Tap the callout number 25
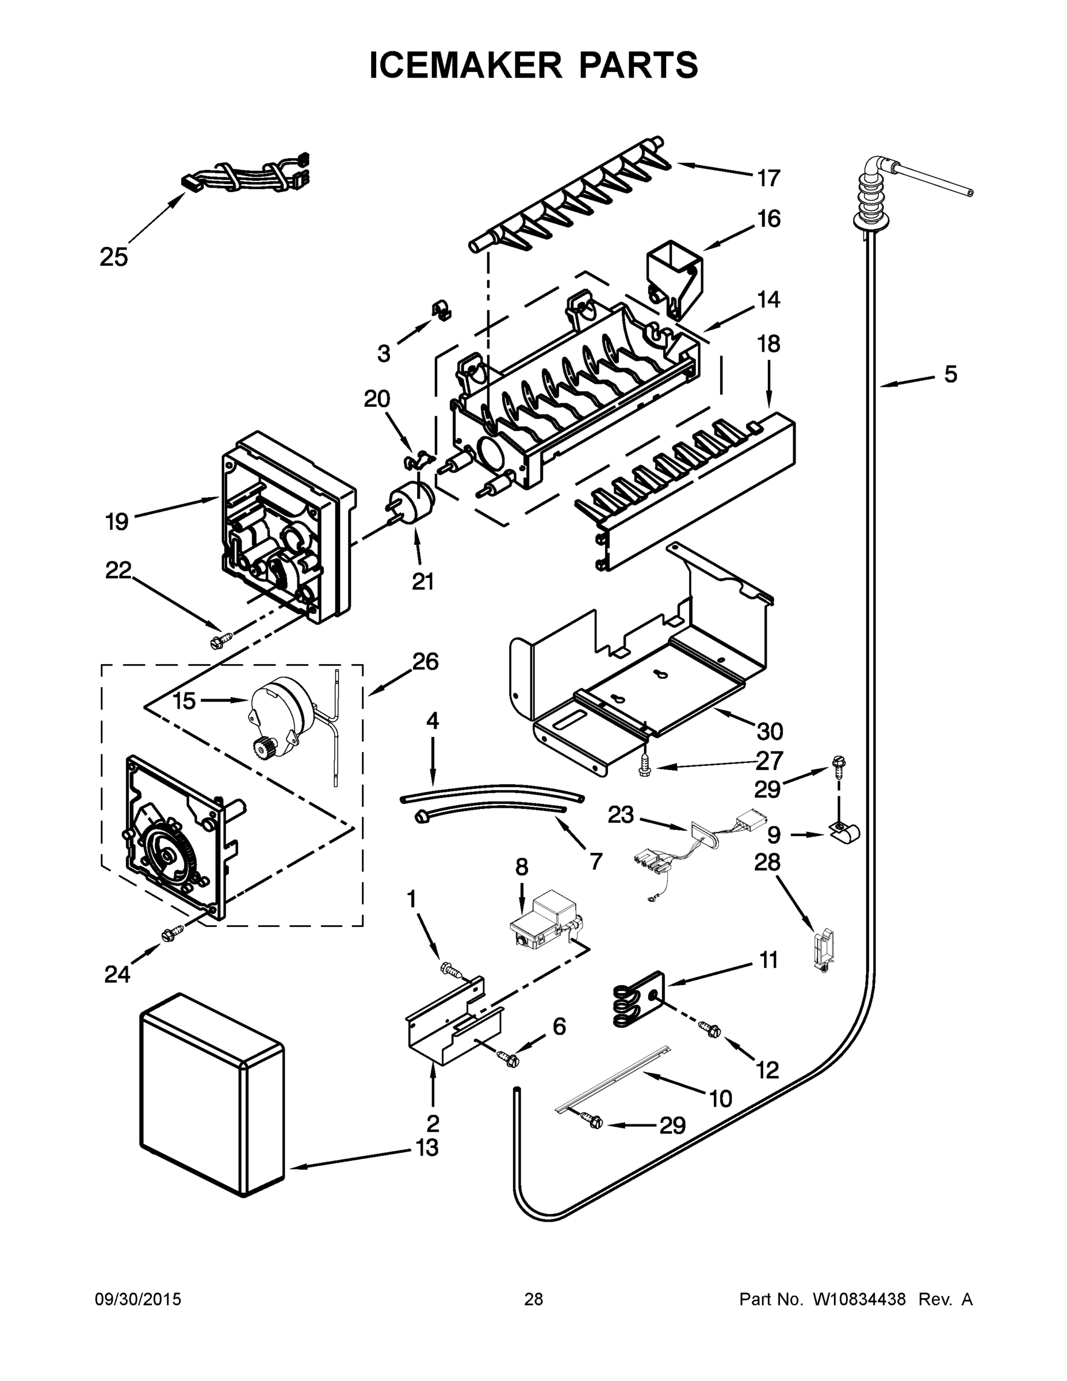pyautogui.click(x=114, y=257)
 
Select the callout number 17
pyautogui.click(x=768, y=178)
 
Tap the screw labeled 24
pyautogui.click(x=172, y=934)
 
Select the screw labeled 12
pyautogui.click(x=709, y=1029)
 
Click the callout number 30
pyautogui.click(x=770, y=731)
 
